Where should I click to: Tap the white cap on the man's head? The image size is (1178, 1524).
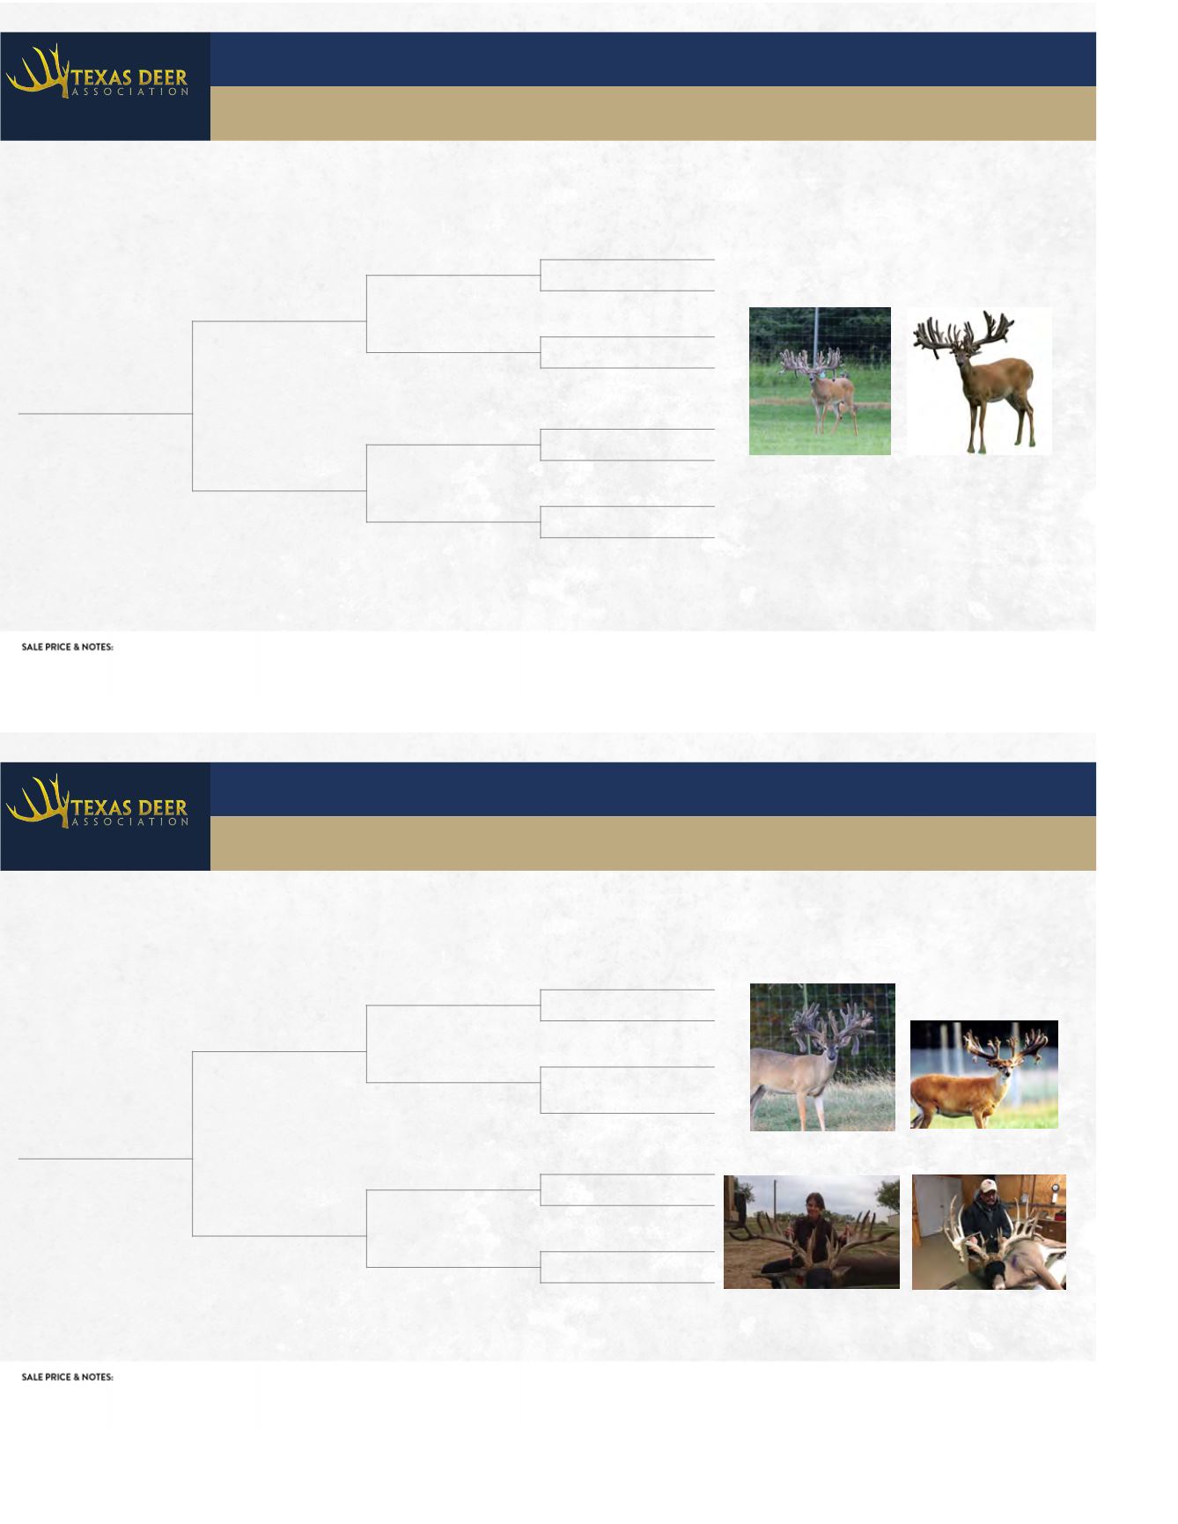(985, 1186)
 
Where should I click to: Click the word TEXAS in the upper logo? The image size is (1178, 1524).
(99, 77)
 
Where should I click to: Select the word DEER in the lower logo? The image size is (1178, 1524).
(161, 807)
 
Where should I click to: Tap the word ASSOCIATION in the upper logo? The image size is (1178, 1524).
(128, 92)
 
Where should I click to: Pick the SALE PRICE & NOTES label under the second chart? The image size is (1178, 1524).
(68, 1377)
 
